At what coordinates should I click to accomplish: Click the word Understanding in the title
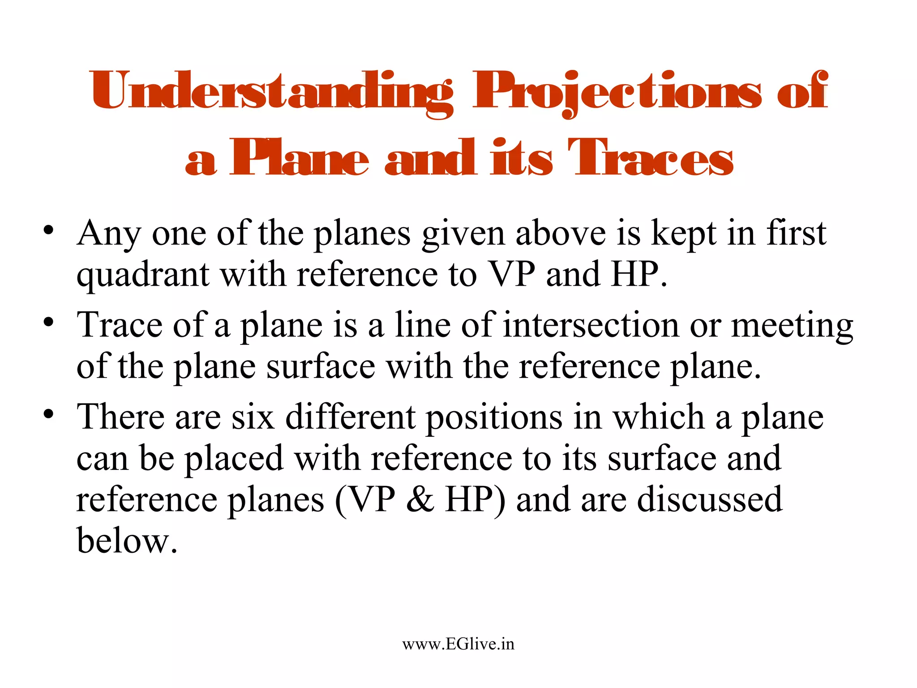[271, 92]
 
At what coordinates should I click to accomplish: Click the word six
[253, 417]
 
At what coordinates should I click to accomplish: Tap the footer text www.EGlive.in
[458, 644]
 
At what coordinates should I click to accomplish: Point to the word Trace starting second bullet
[120, 325]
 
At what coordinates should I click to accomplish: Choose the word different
[350, 417]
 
